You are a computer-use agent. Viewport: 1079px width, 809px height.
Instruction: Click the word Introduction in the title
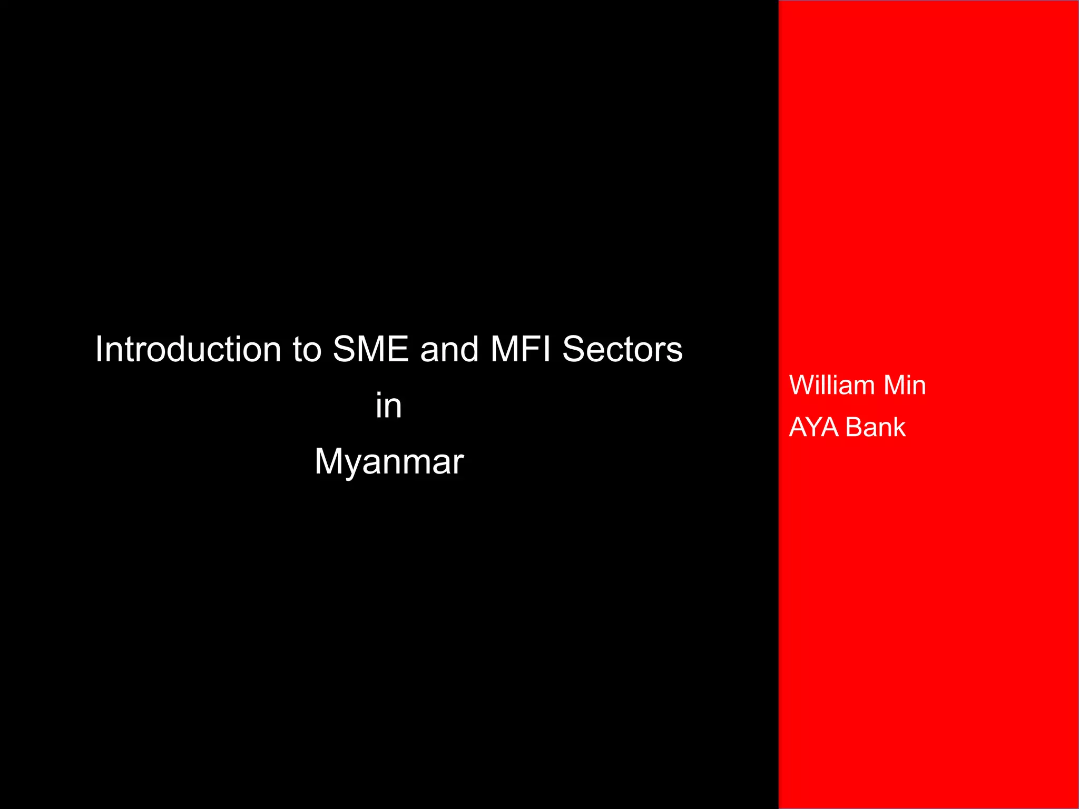[x=188, y=349]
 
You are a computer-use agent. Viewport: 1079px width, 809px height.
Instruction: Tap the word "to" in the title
[x=307, y=349]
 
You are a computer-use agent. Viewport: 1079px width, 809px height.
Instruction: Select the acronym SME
[x=371, y=349]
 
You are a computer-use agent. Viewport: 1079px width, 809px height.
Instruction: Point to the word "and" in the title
[x=449, y=349]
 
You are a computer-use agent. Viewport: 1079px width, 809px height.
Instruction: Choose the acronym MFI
[x=521, y=349]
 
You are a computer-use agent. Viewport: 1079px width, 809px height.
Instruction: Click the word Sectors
[x=622, y=349]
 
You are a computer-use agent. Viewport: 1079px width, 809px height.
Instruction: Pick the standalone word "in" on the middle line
[x=389, y=406]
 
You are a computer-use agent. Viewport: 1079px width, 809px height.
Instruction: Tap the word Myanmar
[x=389, y=462]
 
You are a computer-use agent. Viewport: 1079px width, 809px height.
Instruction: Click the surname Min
[x=905, y=385]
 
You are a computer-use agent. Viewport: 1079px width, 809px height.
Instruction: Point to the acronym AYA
[x=814, y=427]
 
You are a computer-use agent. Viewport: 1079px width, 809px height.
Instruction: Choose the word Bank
[x=876, y=427]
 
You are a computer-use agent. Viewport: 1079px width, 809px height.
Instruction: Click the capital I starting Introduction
[x=99, y=349]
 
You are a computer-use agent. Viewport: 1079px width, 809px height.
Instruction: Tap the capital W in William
[x=802, y=385]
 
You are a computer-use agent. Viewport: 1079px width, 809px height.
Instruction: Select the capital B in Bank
[x=854, y=427]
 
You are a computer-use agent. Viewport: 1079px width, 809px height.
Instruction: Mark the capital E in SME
[x=399, y=349]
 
